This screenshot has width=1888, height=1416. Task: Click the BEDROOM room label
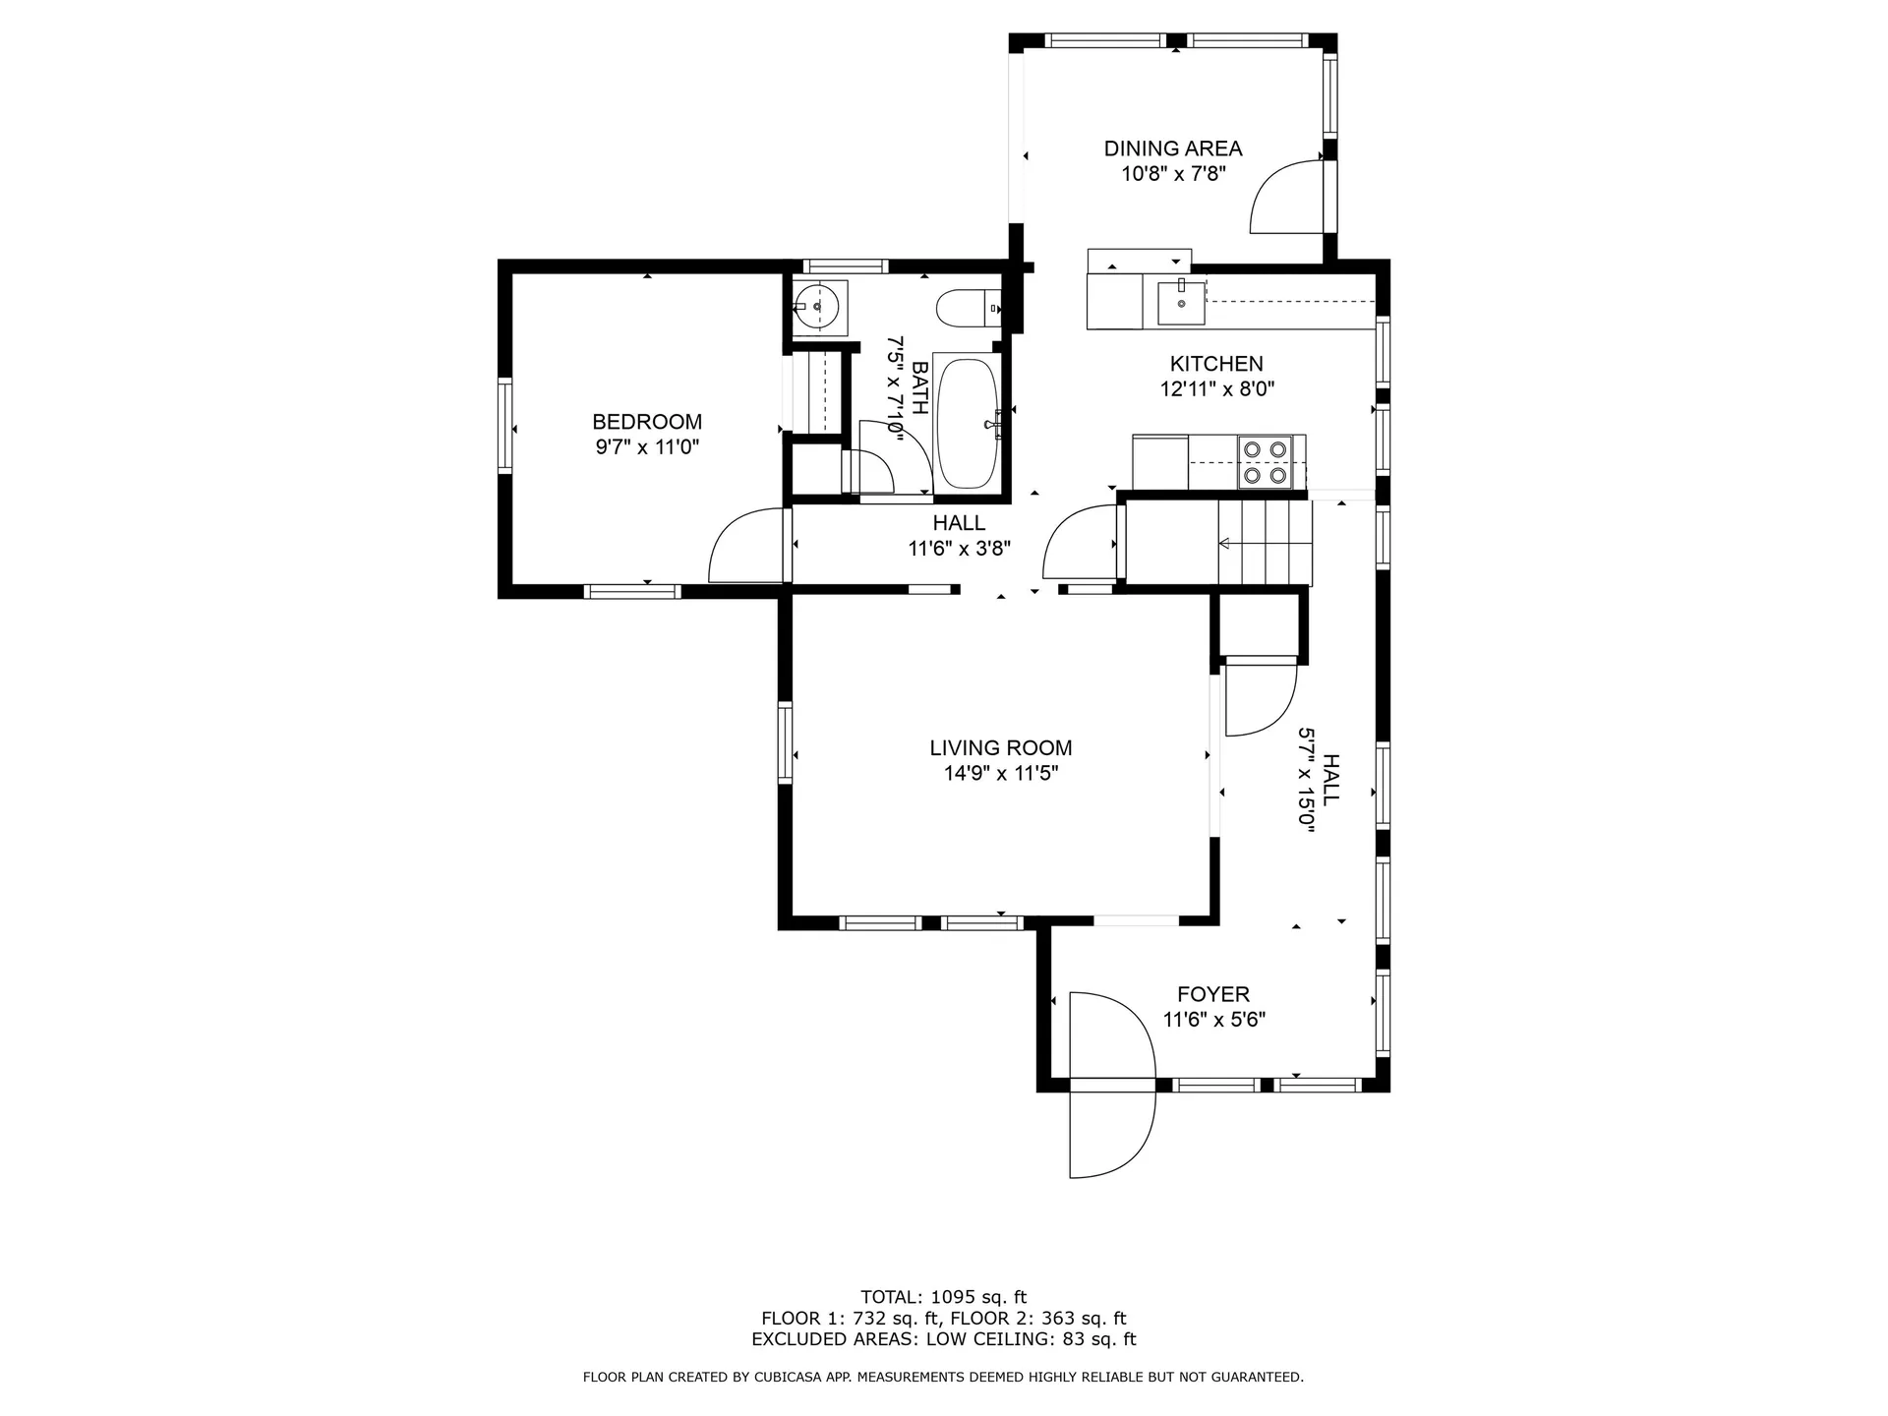pyautogui.click(x=647, y=422)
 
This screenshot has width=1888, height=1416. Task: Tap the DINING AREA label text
pyautogui.click(x=1173, y=148)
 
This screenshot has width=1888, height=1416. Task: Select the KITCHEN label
pyautogui.click(x=1216, y=364)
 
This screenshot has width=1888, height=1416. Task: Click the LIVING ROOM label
pyautogui.click(x=1001, y=748)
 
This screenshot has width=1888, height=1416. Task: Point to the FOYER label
pyautogui.click(x=1213, y=994)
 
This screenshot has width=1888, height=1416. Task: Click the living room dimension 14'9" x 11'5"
pyautogui.click(x=1001, y=774)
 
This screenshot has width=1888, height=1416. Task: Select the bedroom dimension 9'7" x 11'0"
pyautogui.click(x=647, y=447)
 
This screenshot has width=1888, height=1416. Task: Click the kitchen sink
pyautogui.click(x=1181, y=301)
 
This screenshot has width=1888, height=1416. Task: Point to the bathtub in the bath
pyautogui.click(x=968, y=424)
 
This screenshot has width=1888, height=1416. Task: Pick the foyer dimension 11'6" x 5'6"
pyautogui.click(x=1213, y=1020)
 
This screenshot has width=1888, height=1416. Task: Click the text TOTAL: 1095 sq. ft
pyautogui.click(x=943, y=1297)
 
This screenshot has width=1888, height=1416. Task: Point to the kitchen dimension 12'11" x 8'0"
pyautogui.click(x=1216, y=389)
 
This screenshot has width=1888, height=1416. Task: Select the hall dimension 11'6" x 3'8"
pyautogui.click(x=959, y=549)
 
